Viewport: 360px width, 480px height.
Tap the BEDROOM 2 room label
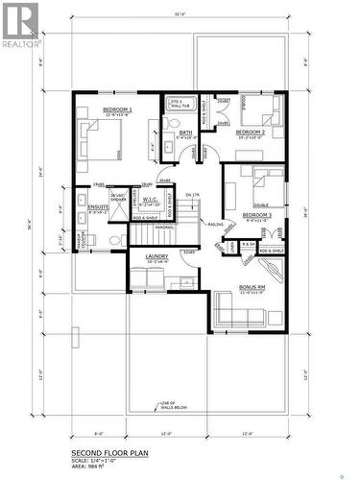(252, 132)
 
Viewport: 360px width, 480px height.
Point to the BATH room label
(184, 132)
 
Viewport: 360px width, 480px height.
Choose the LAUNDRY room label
(157, 256)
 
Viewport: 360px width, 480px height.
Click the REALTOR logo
(20, 26)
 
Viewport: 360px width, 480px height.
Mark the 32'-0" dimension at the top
(180, 14)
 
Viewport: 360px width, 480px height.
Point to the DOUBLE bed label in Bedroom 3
(260, 204)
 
